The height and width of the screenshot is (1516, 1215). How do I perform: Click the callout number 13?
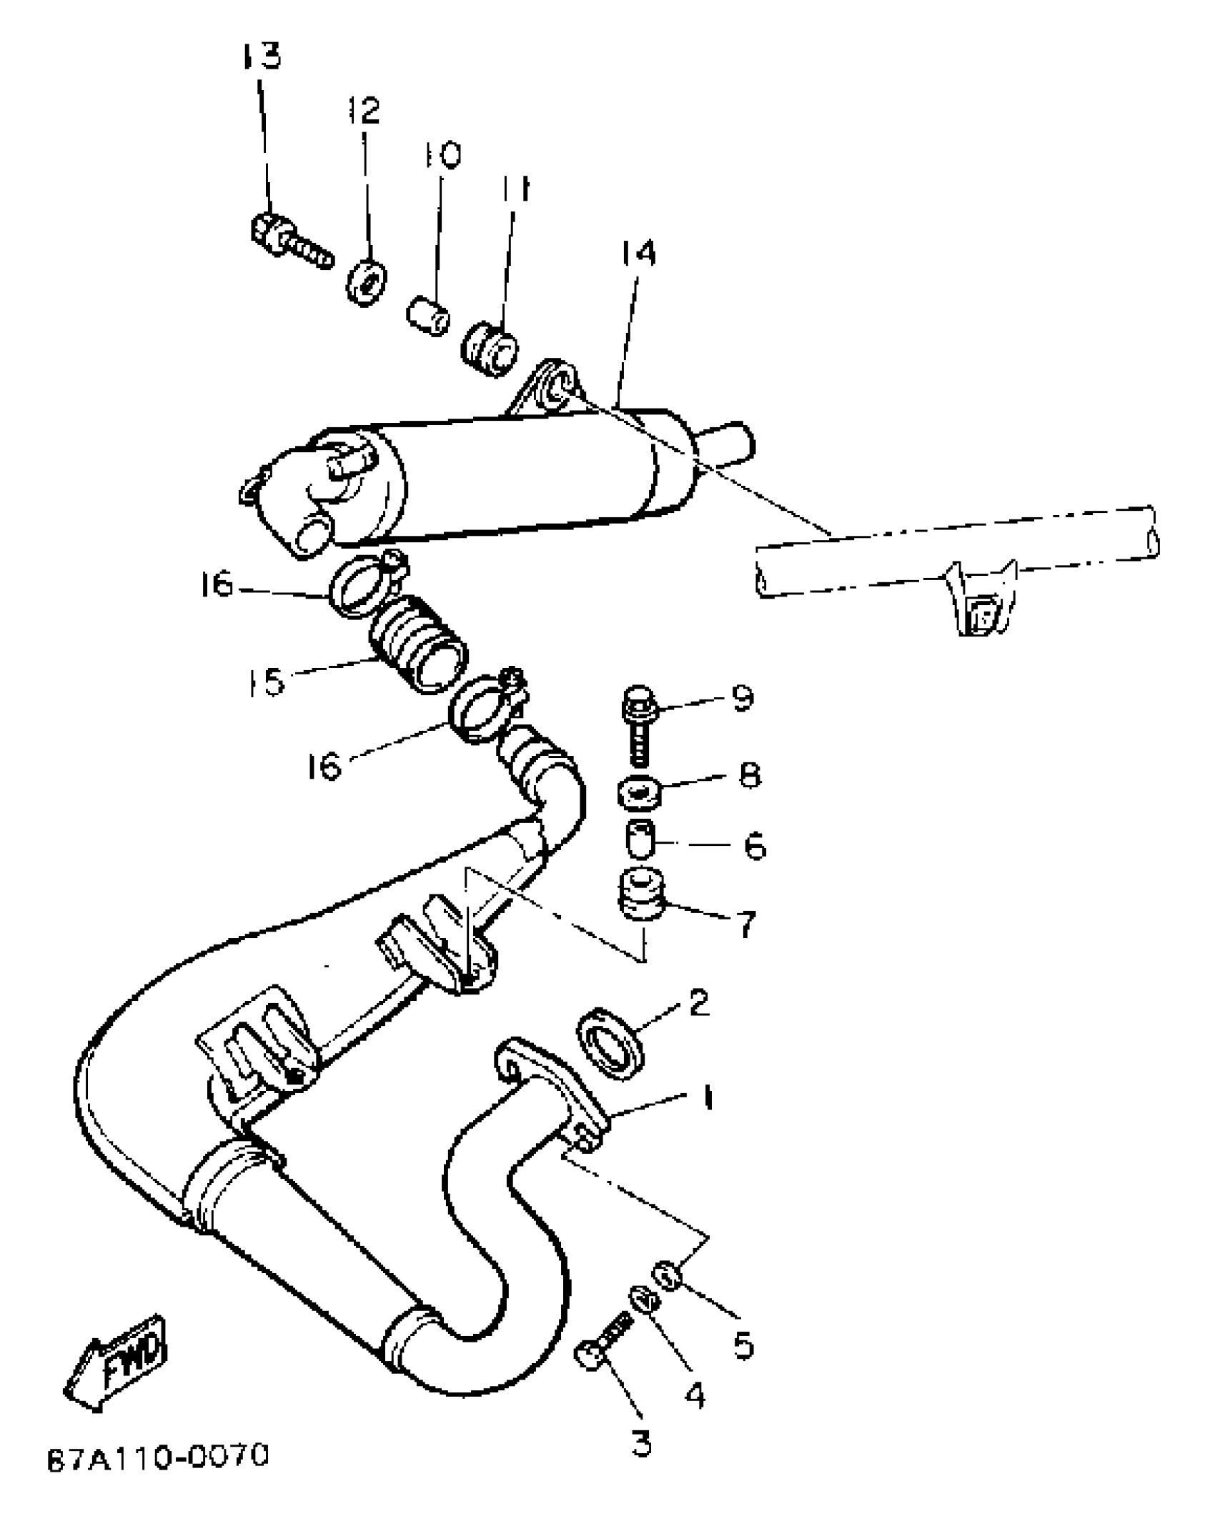260,55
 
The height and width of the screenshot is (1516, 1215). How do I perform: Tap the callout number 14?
638,253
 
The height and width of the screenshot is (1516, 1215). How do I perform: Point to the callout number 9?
743,697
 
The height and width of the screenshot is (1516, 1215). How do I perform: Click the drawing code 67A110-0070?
157,1476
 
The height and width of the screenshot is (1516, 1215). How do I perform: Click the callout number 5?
743,1345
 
